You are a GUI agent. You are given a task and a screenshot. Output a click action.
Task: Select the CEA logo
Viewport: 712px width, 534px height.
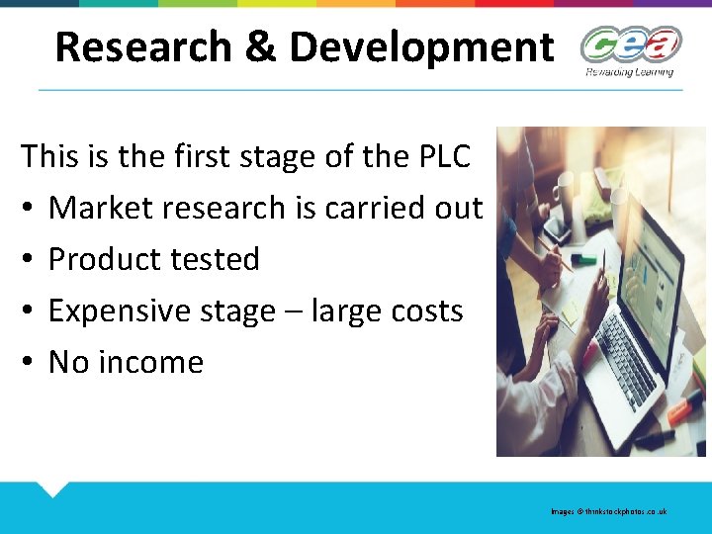click(630, 44)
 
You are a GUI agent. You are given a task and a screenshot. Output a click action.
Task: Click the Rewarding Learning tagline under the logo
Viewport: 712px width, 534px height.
click(629, 71)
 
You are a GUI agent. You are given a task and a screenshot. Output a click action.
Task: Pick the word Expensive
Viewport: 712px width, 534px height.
click(125, 311)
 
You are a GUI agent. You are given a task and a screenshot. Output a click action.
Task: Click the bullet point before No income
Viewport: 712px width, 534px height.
click(29, 362)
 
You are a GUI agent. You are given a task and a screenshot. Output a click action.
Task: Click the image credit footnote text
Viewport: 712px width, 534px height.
click(609, 511)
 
